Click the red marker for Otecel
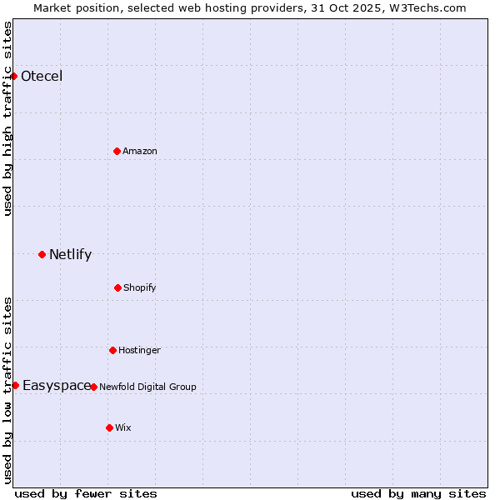pyautogui.click(x=13, y=76)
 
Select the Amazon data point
pyautogui.click(x=117, y=151)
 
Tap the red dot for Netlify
pyautogui.click(x=42, y=254)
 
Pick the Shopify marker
pyautogui.click(x=117, y=287)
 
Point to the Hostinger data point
pyautogui.click(x=112, y=350)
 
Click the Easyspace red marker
pyautogui.click(x=15, y=385)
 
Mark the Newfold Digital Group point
pyautogui.click(x=93, y=387)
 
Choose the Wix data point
pyautogui.click(x=109, y=427)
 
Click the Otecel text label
pyautogui.click(x=42, y=77)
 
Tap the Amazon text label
pyautogui.click(x=140, y=151)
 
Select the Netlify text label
pyautogui.click(x=70, y=255)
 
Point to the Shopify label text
pyautogui.click(x=140, y=287)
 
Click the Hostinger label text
pyautogui.click(x=139, y=350)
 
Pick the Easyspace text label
pyautogui.click(x=57, y=385)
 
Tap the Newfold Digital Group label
pyautogui.click(x=147, y=387)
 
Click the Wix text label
pyautogui.click(x=123, y=427)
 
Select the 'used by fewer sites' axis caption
pyautogui.click(x=86, y=493)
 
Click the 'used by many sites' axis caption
pyautogui.click(x=418, y=493)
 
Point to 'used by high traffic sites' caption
pyautogui.click(x=7, y=118)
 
